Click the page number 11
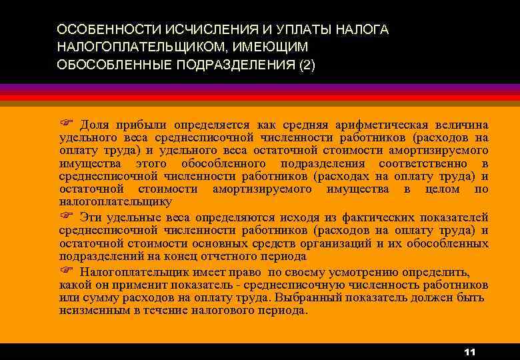(469, 351)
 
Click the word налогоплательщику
(115, 201)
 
